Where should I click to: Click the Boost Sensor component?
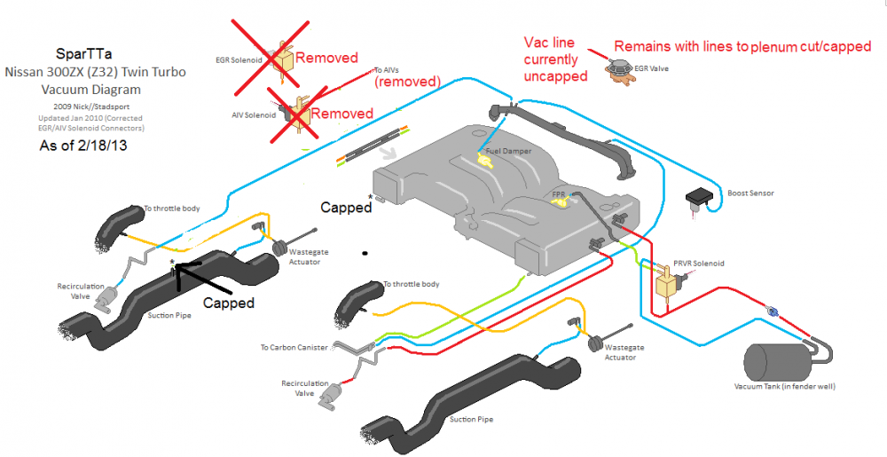click(x=701, y=196)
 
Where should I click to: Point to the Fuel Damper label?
click(x=508, y=152)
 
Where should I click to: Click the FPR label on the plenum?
click(x=559, y=193)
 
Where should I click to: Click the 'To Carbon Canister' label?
click(x=294, y=348)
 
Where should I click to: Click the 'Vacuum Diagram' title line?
click(x=90, y=90)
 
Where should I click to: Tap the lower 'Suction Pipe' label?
click(x=471, y=419)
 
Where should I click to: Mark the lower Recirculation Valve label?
click(x=301, y=389)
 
